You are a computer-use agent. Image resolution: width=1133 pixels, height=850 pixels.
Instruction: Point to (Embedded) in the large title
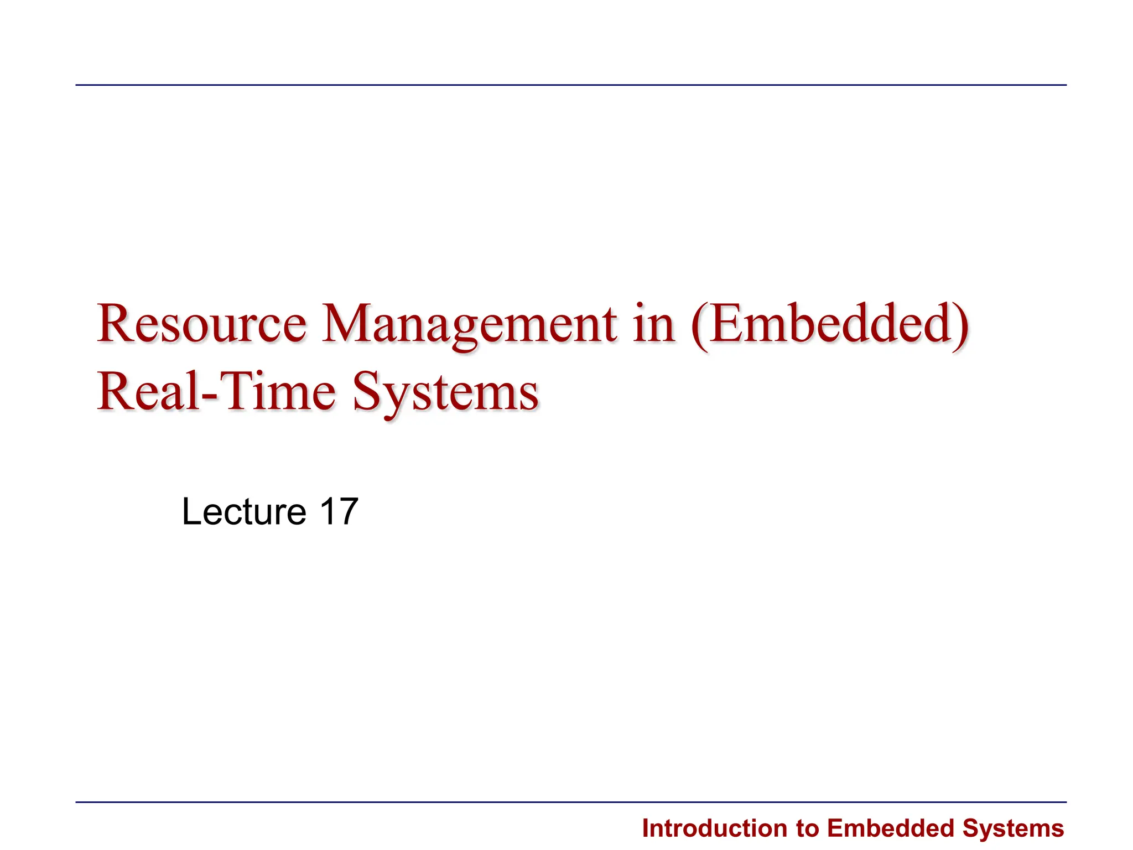[830, 325]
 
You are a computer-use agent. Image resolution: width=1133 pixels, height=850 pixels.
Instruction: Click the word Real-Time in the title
[216, 392]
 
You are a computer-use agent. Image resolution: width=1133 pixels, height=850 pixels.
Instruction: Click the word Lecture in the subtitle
[243, 511]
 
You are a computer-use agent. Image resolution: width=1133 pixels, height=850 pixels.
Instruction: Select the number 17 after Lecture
[339, 511]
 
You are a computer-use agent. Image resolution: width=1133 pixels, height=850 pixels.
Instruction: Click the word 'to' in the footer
[808, 829]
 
